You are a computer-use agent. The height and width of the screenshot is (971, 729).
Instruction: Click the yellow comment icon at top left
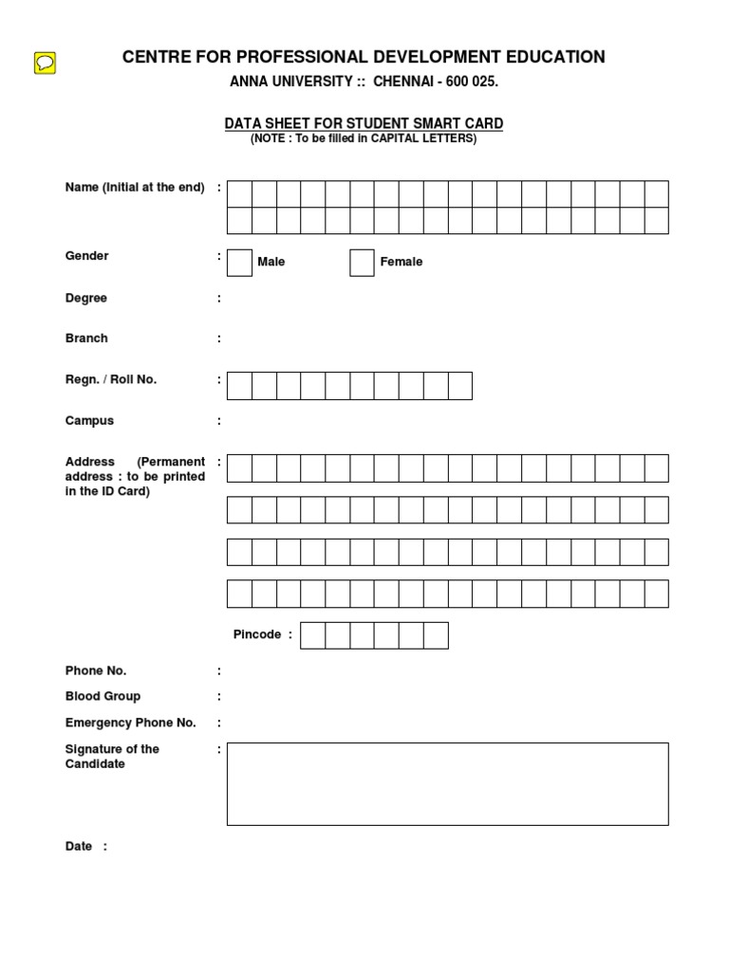(x=45, y=64)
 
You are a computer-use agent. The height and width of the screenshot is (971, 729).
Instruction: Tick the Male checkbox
(x=240, y=263)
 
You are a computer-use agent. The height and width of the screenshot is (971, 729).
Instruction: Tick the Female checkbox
(x=362, y=263)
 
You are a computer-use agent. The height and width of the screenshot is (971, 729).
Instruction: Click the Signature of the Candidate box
(x=447, y=784)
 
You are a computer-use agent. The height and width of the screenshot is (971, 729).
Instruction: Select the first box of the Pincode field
(x=312, y=635)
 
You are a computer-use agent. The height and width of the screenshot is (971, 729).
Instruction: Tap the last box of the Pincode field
(x=436, y=635)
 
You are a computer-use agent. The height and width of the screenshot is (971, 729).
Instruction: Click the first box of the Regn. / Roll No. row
(x=239, y=386)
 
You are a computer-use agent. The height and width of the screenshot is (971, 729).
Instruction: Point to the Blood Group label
(x=103, y=696)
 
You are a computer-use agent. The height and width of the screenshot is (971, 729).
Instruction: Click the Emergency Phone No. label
(x=130, y=723)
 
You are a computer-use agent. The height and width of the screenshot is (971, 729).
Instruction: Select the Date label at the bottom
(x=79, y=847)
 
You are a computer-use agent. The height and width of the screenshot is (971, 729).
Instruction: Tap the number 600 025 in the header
(x=472, y=82)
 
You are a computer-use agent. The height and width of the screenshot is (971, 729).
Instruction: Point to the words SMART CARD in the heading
(x=464, y=123)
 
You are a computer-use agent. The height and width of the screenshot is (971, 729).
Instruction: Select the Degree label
(x=86, y=298)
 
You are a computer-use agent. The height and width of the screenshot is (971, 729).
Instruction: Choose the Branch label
(x=86, y=339)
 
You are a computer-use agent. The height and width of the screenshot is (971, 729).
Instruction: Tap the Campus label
(x=89, y=420)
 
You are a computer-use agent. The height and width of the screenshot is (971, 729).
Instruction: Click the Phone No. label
(x=96, y=670)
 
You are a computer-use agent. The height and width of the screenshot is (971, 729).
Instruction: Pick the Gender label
(x=87, y=256)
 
